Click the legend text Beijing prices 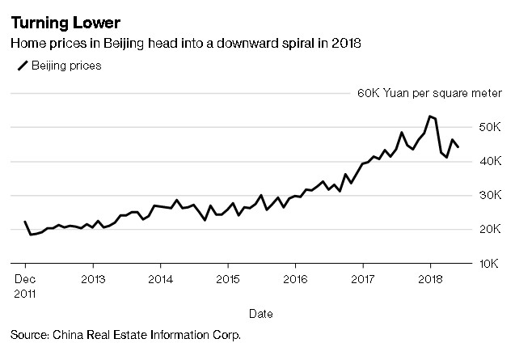[66, 66]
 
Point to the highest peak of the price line [430, 116]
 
